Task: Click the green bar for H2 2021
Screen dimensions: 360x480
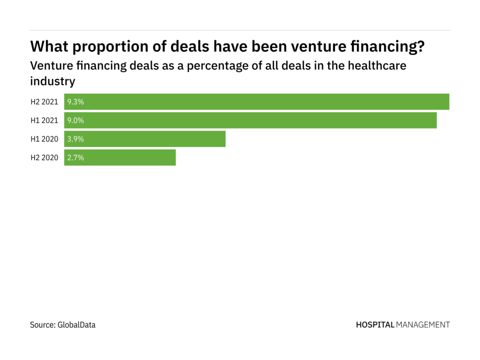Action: pyautogui.click(x=257, y=102)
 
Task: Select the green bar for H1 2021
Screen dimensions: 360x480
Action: pyautogui.click(x=250, y=120)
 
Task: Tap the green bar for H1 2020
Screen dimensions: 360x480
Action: pyautogui.click(x=145, y=139)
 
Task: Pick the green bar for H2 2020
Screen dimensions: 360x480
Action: pyautogui.click(x=120, y=158)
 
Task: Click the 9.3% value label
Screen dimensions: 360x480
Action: pyautogui.click(x=75, y=102)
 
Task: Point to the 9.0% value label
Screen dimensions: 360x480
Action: pyautogui.click(x=75, y=120)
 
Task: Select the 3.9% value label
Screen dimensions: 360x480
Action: pyautogui.click(x=75, y=139)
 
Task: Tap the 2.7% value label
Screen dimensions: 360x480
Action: pyautogui.click(x=75, y=158)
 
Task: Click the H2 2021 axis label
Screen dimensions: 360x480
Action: pyautogui.click(x=45, y=102)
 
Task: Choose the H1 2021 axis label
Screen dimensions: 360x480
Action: pyautogui.click(x=45, y=120)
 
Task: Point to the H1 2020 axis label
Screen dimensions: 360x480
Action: pyautogui.click(x=45, y=139)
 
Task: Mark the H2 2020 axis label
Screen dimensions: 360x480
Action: pyautogui.click(x=45, y=158)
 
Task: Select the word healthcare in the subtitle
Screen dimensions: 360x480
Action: pyautogui.click(x=377, y=66)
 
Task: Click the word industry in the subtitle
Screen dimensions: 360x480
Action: pyautogui.click(x=52, y=81)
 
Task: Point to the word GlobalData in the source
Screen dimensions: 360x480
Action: pyautogui.click(x=77, y=324)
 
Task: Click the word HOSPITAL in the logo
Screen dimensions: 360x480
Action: pyautogui.click(x=375, y=324)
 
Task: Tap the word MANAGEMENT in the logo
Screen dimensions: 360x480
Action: pyautogui.click(x=423, y=324)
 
